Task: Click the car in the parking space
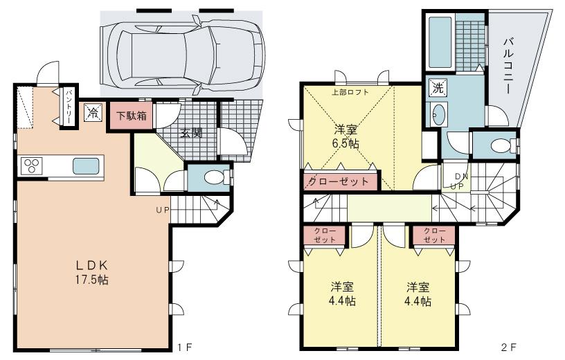(181, 51)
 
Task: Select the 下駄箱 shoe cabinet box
(130, 116)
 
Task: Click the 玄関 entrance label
(192, 133)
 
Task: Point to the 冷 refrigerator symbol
(92, 114)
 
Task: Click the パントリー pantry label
(69, 107)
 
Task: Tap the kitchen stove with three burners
(31, 167)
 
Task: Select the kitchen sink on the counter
(87, 167)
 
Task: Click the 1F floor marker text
(182, 347)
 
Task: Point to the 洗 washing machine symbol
(437, 88)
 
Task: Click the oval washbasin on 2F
(438, 115)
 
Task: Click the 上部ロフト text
(350, 92)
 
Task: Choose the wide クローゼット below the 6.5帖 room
(339, 181)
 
